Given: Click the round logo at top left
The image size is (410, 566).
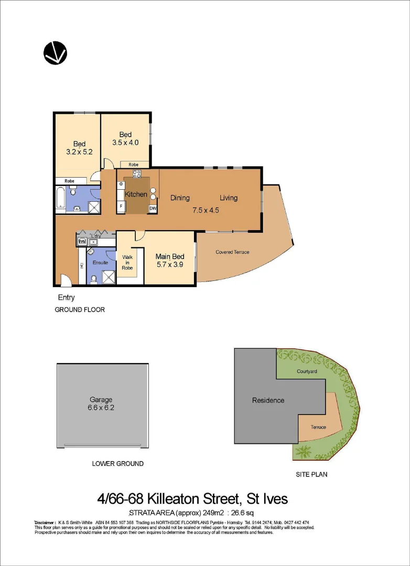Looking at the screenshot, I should click(55, 52).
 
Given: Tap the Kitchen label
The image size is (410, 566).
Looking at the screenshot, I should click(136, 194).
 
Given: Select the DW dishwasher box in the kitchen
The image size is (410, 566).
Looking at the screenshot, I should click(153, 209).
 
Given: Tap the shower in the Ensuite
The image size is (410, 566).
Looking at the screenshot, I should click(109, 276).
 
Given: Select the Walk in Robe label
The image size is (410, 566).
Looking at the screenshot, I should click(127, 262).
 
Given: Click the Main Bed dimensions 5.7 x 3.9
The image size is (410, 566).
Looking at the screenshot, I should click(170, 266).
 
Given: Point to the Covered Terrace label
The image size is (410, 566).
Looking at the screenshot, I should click(232, 252).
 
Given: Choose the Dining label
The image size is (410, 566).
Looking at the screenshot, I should click(180, 198).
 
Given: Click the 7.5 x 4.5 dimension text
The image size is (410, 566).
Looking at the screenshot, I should click(206, 210).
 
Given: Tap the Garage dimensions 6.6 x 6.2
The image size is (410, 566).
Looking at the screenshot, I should click(101, 407).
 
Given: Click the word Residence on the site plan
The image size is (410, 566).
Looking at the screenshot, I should click(268, 400).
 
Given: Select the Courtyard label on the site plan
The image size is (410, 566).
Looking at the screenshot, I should click(307, 371).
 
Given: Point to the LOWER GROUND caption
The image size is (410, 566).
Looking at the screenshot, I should click(117, 464).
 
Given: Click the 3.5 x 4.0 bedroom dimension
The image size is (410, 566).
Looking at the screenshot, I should click(125, 142).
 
